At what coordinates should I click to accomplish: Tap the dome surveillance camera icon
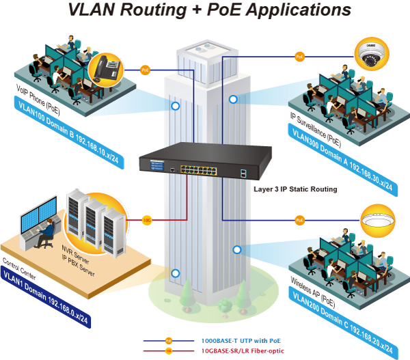coord(371,55)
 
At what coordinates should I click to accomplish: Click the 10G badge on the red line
coord(147,220)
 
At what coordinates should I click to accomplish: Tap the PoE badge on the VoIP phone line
coord(145,70)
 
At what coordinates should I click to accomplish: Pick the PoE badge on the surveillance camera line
coord(299,57)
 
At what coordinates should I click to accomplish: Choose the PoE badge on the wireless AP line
coord(300,220)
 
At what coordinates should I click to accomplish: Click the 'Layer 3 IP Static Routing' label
coord(295,189)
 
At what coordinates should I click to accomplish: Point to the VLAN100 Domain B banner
coord(68,133)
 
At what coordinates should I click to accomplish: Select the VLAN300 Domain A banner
coord(342,160)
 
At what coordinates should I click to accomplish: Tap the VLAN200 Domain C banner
coord(343,323)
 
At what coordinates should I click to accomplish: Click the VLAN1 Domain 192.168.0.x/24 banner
coord(46,297)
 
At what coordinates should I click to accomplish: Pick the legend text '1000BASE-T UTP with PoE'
coord(241,341)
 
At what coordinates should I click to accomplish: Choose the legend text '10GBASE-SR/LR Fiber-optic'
coord(243,351)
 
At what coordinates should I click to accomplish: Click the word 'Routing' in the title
coord(153,10)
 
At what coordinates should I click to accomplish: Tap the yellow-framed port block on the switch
coord(198,170)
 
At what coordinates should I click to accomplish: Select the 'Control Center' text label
coord(19,268)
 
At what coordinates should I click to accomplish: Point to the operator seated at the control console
coord(45,234)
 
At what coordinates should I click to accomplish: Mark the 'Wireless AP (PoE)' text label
coord(313,292)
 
